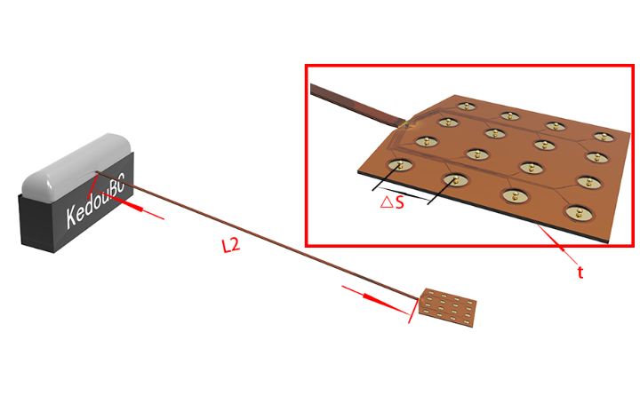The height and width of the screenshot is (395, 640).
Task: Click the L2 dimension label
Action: point(230,245)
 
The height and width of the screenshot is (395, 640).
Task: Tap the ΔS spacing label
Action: point(392,202)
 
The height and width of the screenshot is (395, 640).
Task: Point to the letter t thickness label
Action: point(580,272)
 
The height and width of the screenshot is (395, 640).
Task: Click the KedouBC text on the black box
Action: point(95,200)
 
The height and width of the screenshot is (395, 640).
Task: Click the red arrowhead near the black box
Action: point(131,205)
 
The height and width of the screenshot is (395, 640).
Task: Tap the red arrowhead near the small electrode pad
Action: point(374,299)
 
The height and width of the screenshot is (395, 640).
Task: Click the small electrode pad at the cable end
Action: point(447,307)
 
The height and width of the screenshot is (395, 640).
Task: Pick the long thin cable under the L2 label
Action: point(257,235)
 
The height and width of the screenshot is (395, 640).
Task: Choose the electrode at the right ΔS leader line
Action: point(455,179)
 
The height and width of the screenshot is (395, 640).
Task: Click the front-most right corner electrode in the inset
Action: point(580,213)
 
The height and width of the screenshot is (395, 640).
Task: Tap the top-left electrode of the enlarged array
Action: point(467,107)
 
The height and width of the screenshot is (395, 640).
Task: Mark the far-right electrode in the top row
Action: point(604,137)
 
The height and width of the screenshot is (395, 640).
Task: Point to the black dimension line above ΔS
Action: point(403,194)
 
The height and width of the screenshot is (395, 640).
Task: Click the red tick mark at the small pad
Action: point(414,311)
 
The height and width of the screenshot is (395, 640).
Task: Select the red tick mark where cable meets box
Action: point(92,186)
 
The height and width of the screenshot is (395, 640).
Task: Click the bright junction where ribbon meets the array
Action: point(405,122)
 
